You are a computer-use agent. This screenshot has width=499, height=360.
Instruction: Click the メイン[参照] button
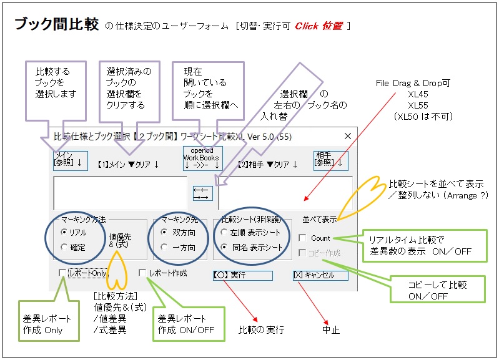(70, 160)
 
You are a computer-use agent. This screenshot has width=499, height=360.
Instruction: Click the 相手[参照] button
(330, 160)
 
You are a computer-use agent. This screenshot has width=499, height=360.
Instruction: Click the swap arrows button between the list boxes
(202, 193)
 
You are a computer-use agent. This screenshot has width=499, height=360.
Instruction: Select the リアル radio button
(65, 231)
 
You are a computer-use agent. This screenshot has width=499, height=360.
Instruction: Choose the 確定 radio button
(65, 247)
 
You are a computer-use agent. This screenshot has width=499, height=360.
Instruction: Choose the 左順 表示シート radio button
(224, 231)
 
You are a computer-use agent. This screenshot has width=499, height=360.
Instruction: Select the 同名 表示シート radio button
(224, 247)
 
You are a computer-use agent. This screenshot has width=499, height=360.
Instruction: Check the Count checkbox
(302, 238)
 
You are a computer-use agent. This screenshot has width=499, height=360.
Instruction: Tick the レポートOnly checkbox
(62, 273)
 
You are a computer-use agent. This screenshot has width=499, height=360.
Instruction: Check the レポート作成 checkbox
(142, 273)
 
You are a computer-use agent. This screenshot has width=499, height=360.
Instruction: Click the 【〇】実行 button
(242, 275)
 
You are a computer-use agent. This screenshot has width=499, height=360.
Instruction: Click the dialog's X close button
(348, 135)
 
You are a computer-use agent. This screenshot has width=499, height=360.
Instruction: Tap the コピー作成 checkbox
(302, 253)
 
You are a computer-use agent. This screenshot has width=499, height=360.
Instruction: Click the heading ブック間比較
(56, 24)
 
